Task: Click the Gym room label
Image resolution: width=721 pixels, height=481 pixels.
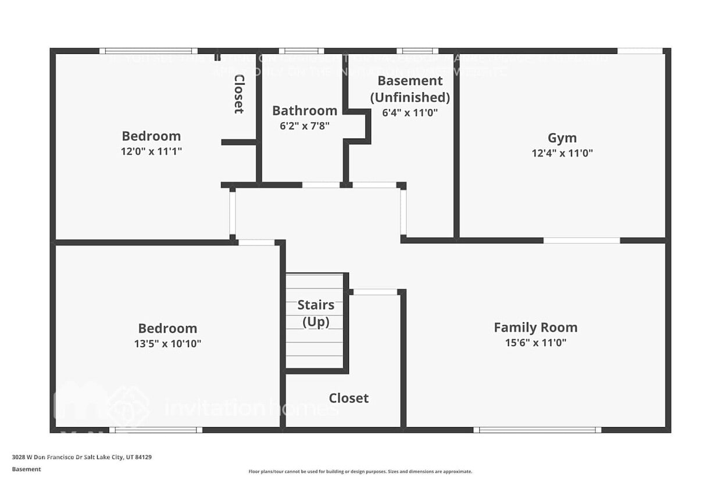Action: (x=562, y=138)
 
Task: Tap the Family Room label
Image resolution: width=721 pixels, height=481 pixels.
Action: (x=536, y=327)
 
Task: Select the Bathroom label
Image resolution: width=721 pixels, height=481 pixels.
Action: (x=304, y=111)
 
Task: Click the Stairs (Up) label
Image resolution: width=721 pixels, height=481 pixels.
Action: (x=316, y=313)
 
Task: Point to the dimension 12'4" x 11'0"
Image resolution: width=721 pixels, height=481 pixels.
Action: (x=562, y=154)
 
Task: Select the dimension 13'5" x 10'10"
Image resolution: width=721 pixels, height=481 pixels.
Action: (x=167, y=344)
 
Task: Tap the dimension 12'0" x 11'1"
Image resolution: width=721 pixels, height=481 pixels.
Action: (x=151, y=151)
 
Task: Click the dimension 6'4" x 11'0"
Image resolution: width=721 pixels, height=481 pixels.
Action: (x=410, y=113)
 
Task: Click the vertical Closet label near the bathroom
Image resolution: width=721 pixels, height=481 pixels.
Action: (x=238, y=93)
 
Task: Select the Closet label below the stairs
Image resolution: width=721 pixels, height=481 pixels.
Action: (x=348, y=398)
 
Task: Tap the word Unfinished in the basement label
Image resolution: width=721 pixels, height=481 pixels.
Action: (x=410, y=97)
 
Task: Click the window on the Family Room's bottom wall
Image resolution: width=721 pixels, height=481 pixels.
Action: (x=537, y=430)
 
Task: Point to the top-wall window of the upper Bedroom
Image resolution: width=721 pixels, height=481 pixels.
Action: (x=148, y=51)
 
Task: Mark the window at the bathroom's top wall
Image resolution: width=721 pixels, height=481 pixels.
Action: (x=301, y=51)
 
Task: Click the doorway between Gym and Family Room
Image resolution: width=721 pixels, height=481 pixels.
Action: (x=581, y=240)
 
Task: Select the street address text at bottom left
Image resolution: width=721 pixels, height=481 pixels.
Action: (x=82, y=457)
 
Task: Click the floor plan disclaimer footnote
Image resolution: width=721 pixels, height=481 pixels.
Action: (x=360, y=472)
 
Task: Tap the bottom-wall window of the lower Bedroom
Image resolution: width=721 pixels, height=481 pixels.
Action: (x=156, y=430)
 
